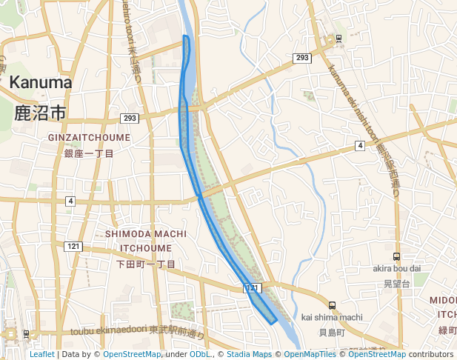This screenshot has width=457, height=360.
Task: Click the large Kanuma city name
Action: (x=41, y=82)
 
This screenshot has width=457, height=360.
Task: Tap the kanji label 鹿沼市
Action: (x=40, y=113)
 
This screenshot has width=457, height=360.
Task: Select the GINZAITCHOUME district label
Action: (x=89, y=138)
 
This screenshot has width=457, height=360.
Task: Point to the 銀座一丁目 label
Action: (x=89, y=153)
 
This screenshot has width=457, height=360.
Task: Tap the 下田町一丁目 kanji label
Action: (x=146, y=264)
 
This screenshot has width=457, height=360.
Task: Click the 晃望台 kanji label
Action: (x=396, y=283)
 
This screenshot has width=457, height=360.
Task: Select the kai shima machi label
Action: (x=332, y=318)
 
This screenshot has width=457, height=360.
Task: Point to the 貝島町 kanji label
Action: (x=332, y=333)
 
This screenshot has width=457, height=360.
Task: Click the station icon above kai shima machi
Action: (x=332, y=304)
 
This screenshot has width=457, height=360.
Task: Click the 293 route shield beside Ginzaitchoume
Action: (x=130, y=119)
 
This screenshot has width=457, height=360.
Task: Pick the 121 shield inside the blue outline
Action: (x=252, y=287)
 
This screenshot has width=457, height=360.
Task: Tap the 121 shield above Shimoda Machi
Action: (x=73, y=246)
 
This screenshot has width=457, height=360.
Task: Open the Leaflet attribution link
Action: (x=41, y=355)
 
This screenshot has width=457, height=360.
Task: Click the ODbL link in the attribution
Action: (x=199, y=355)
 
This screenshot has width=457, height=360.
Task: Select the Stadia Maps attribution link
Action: (x=249, y=355)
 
